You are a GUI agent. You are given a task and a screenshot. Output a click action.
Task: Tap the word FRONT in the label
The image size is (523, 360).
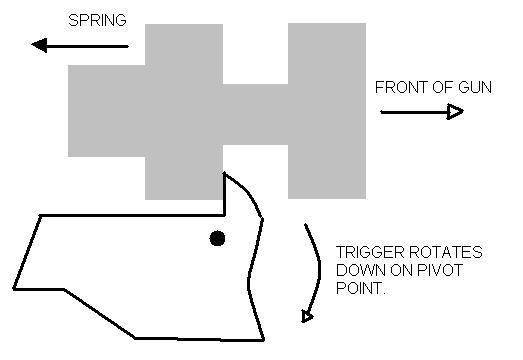click(400, 87)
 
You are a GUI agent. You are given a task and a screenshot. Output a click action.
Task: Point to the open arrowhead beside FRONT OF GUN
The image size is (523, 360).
click(455, 112)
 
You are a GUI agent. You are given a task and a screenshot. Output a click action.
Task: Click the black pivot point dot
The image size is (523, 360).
click(217, 238)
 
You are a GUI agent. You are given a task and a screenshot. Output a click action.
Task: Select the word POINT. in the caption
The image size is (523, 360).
click(358, 288)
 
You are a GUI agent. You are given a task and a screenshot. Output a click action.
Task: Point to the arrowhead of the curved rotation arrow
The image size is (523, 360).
click(307, 317)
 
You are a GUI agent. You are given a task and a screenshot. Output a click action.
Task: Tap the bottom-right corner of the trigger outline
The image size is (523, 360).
click(263, 339)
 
